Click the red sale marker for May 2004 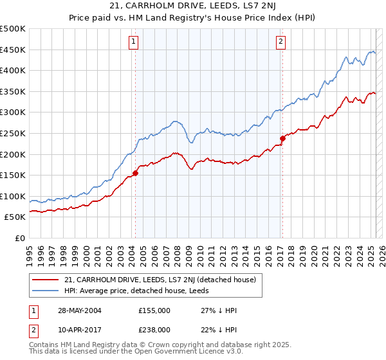136,173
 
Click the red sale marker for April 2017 282,138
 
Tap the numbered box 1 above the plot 133,43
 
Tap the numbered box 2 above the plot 281,43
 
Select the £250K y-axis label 13,133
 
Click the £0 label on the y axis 19,238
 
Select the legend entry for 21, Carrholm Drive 160,280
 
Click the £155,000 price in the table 153,310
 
